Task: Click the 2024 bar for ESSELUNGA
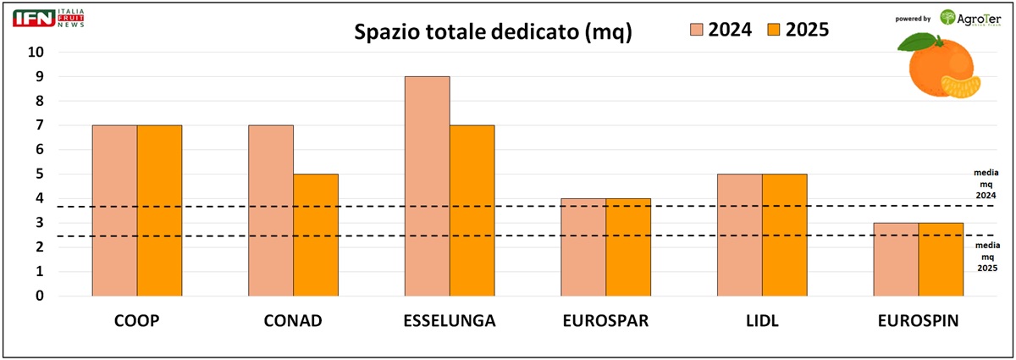[427, 186]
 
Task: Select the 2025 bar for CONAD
[315, 235]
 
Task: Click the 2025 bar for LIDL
[784, 235]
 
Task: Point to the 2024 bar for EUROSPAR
[583, 247]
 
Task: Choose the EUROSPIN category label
[918, 323]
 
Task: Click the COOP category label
[136, 323]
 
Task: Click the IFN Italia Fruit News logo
[49, 18]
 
